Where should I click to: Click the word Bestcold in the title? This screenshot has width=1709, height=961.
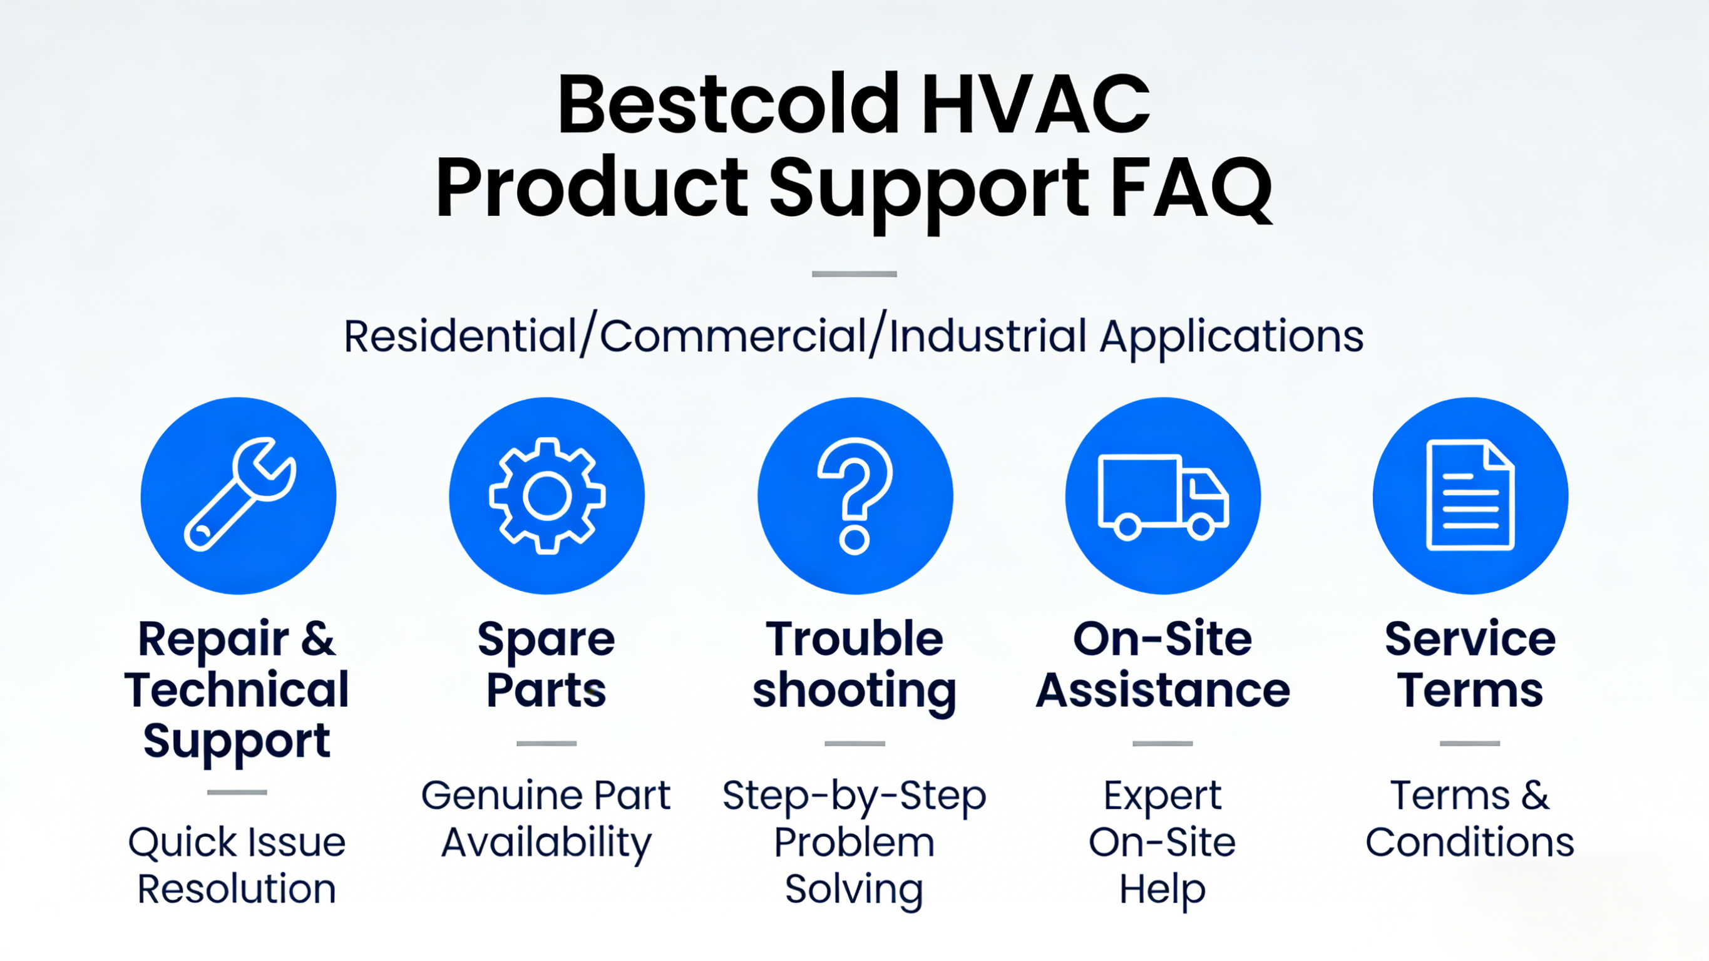(730, 104)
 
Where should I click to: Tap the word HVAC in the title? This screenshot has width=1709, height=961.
(1035, 104)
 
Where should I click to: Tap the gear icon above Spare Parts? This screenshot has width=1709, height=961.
(547, 496)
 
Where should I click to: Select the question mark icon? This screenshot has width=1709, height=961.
(854, 496)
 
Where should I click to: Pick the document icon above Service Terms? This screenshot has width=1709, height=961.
(1470, 495)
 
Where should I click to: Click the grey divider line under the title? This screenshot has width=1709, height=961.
(854, 274)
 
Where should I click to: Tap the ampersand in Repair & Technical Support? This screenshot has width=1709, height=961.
(318, 639)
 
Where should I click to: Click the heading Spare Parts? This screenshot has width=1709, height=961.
(547, 664)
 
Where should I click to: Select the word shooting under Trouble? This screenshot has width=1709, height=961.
(854, 692)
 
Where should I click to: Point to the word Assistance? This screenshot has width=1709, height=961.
(1163, 690)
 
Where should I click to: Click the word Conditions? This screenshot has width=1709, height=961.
(1470, 842)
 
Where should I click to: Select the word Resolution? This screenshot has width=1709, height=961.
(237, 890)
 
